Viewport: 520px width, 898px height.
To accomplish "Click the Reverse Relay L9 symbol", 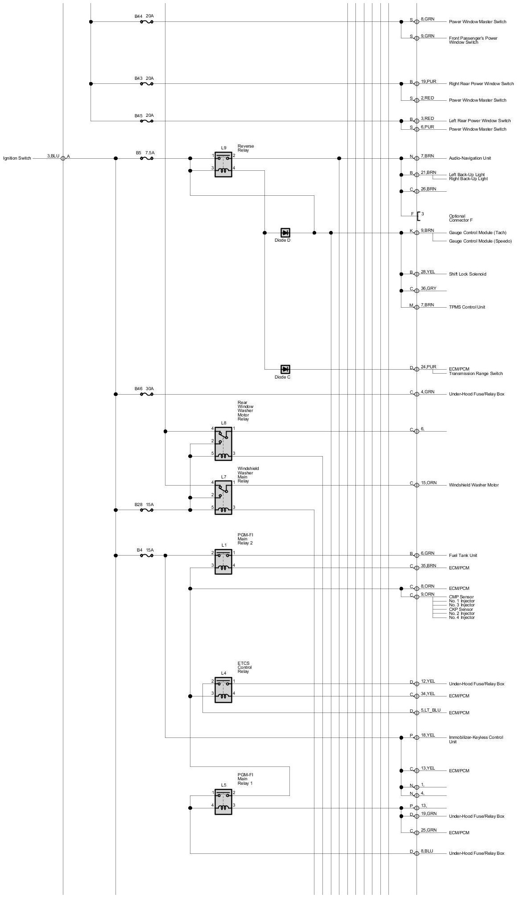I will click(x=223, y=164).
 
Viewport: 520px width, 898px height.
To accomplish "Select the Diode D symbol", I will click(x=285, y=233).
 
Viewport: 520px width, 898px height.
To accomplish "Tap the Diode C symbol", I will click(x=285, y=369).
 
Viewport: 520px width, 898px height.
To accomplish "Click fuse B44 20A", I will click(x=147, y=21).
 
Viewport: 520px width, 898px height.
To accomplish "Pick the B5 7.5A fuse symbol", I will click(x=147, y=158).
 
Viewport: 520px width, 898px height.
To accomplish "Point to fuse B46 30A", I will click(x=147, y=394).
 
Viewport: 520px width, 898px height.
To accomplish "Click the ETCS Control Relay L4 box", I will click(x=223, y=690).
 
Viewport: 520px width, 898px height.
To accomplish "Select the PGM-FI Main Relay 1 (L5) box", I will click(x=223, y=802).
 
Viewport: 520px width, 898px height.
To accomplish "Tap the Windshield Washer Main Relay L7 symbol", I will click(x=223, y=498).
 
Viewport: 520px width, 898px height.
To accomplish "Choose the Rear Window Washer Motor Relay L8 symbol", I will click(x=223, y=444).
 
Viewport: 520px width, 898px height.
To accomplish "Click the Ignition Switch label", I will click(x=17, y=158).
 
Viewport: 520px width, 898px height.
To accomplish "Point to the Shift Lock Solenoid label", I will click(x=467, y=274).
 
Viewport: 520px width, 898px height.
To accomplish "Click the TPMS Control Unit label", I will click(x=467, y=307).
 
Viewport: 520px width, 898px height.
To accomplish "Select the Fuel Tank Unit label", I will click(x=463, y=556).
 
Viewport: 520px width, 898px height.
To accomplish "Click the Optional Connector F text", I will click(x=461, y=218).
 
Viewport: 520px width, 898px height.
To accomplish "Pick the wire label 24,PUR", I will click(x=428, y=367).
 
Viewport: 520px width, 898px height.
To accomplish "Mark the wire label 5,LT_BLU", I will click(x=430, y=710).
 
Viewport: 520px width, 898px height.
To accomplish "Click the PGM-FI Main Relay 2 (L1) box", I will click(x=223, y=562).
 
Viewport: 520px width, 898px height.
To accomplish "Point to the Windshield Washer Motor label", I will click(x=474, y=485).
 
